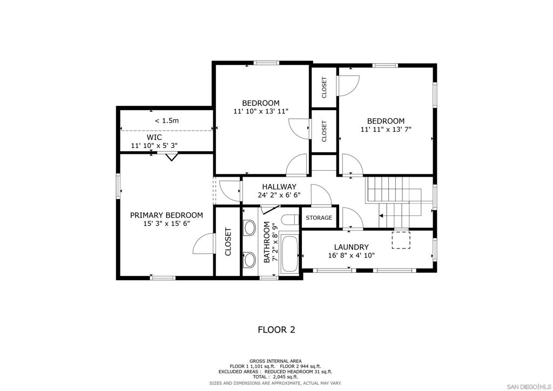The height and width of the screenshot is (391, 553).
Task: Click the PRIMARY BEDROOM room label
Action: [x=166, y=215]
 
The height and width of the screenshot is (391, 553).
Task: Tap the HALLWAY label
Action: [x=279, y=187]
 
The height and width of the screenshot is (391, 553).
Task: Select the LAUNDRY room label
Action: [x=351, y=247]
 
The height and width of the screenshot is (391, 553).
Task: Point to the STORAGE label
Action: [x=319, y=218]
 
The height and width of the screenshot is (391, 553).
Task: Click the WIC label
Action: [x=154, y=137]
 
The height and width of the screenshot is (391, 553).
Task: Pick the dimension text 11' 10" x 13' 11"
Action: [x=261, y=111]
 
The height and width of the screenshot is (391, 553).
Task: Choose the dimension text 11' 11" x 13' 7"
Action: [x=386, y=130]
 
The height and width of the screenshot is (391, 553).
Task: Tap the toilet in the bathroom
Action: [x=291, y=219]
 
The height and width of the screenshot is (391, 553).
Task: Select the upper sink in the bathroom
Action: [x=249, y=227]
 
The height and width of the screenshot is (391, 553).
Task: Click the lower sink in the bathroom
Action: [x=249, y=259]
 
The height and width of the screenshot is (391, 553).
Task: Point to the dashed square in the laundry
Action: [x=401, y=240]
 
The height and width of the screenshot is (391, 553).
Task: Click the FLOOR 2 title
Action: [x=276, y=330]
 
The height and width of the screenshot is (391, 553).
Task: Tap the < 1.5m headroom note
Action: [x=167, y=120]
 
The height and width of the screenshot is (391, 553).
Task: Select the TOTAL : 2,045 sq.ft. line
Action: [x=276, y=377]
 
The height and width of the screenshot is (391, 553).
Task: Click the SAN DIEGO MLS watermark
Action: [x=529, y=386]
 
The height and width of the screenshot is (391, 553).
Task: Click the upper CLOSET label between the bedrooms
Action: [x=324, y=87]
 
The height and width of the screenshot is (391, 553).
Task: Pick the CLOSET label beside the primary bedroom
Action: [x=228, y=242]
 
